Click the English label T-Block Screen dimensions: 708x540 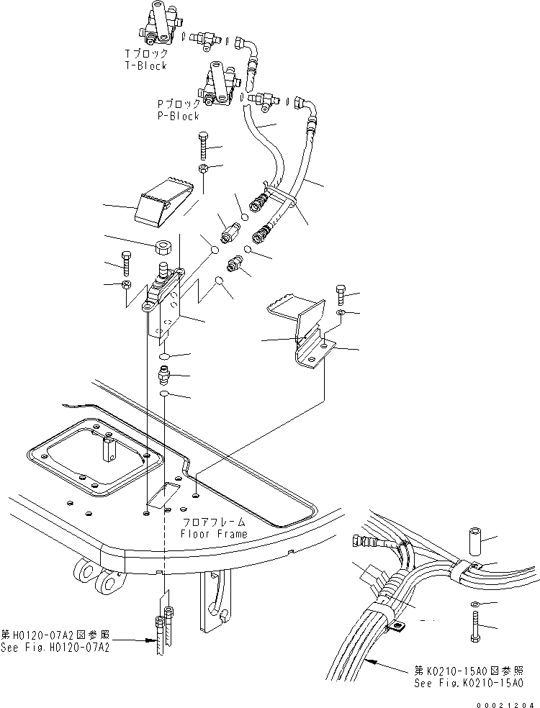145,65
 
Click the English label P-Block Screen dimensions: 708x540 179,115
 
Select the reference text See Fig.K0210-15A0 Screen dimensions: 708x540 469,683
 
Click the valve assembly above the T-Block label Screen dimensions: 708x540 157,23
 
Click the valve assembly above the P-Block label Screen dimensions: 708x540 217,85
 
